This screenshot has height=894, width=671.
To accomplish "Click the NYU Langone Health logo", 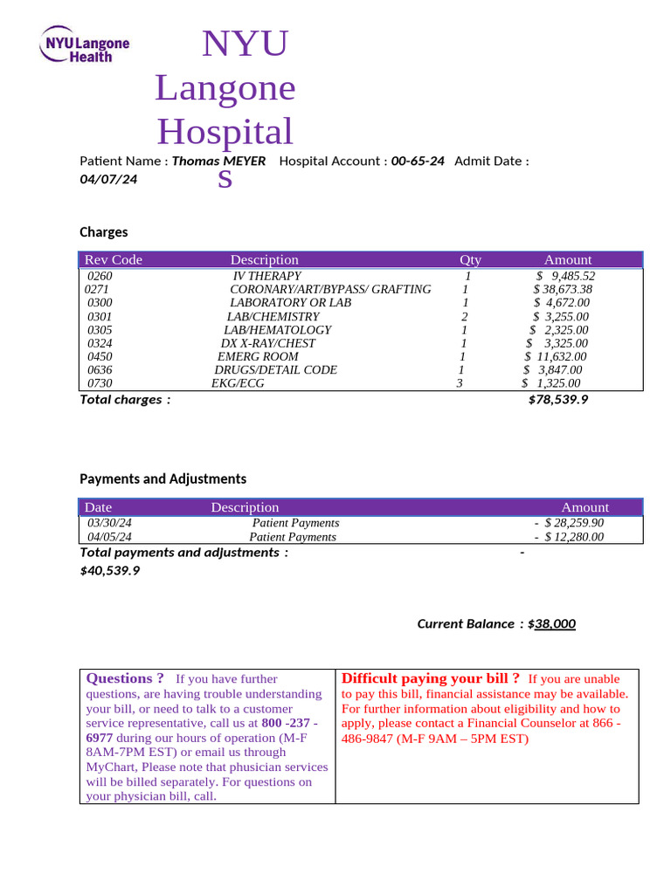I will [85, 44].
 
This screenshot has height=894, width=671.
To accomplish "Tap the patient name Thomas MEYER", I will [218, 161].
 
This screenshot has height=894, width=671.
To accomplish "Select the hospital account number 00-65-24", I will [418, 161].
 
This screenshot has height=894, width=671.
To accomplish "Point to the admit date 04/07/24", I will [108, 179].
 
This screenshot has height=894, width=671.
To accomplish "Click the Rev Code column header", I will [113, 259].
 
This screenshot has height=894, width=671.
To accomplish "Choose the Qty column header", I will [470, 259].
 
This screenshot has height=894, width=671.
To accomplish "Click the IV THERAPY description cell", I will [266, 276].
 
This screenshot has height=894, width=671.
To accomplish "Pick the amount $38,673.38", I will [563, 289].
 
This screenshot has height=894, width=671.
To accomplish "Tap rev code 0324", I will [100, 343].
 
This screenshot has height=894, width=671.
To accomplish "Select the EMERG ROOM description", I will [258, 356].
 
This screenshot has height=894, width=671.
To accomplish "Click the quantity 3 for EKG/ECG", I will [460, 383].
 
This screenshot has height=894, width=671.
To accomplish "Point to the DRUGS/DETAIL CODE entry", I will [275, 370].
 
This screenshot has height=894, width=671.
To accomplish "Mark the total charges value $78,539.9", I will [558, 399].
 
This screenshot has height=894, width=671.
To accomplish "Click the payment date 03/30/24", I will [109, 523].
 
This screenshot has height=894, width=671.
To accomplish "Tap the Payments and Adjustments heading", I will [163, 478].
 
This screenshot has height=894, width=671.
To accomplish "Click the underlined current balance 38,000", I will [555, 623].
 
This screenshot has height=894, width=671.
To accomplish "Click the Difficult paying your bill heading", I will [431, 678].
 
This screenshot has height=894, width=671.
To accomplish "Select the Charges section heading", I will [104, 232].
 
